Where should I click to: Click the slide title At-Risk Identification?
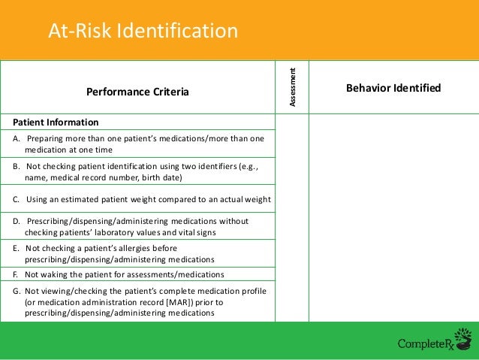143,31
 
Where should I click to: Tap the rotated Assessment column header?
297,87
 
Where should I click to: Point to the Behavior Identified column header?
393,88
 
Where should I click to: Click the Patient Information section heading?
56,122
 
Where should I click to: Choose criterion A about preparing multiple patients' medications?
140,144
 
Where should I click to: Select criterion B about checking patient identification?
141,172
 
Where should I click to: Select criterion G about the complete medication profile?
140,302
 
